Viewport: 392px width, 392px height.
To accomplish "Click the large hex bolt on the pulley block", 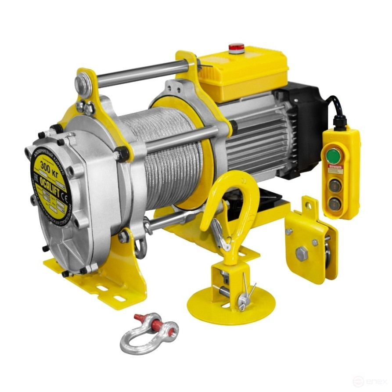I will pyautogui.click(x=302, y=254).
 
